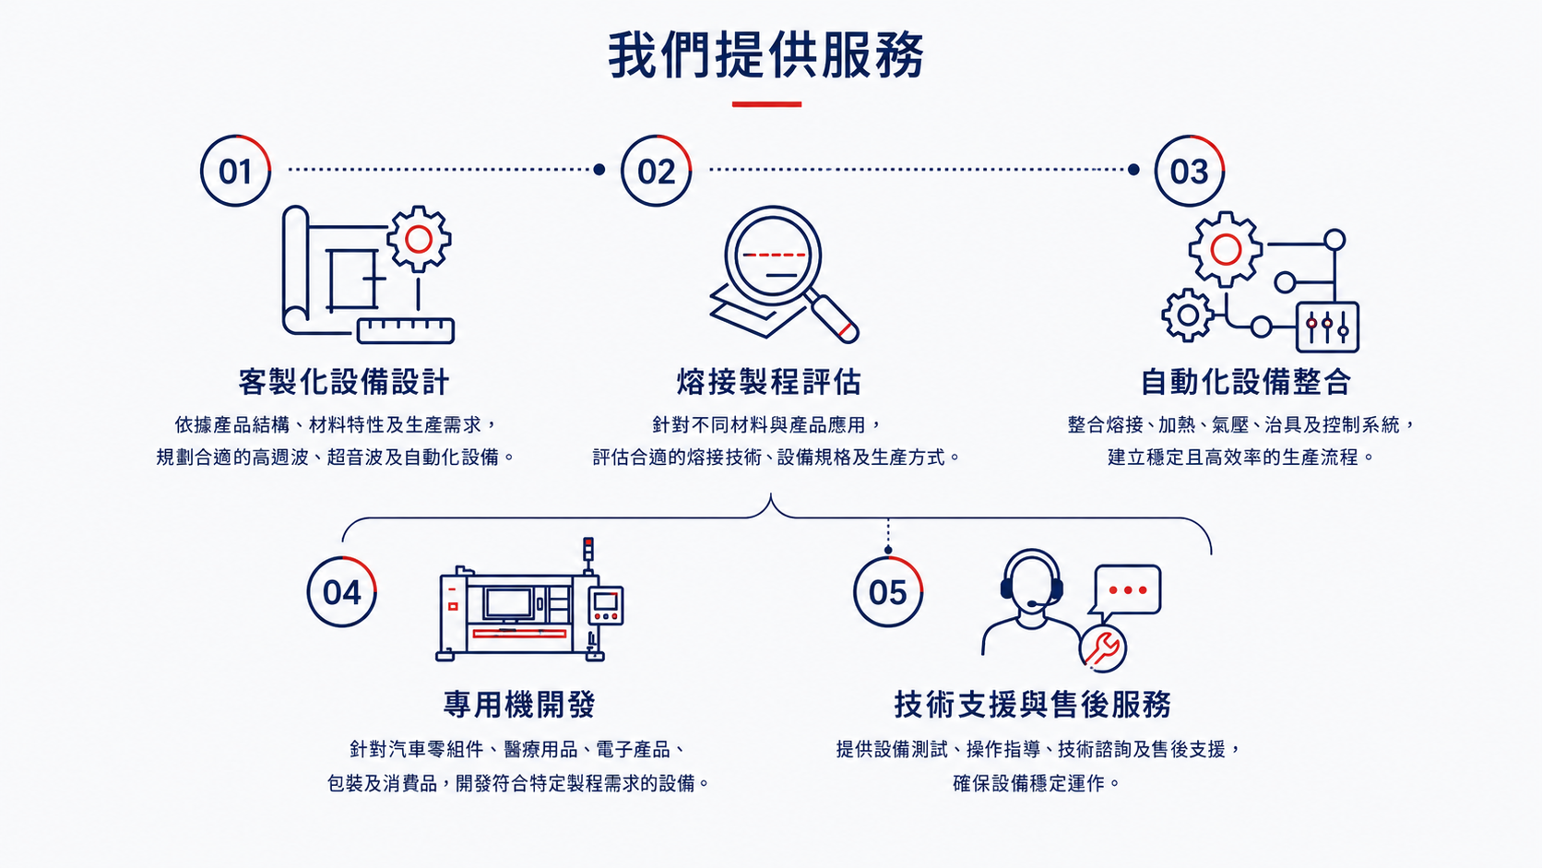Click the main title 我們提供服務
766,55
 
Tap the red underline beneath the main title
767,104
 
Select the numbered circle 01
235,170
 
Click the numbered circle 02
656,170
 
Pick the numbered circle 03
1190,170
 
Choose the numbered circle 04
342,591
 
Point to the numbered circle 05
888,591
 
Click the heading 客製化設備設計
343,381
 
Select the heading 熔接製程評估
769,381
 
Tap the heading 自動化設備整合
1246,381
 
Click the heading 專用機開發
520,704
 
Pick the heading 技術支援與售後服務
1033,704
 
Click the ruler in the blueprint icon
406,330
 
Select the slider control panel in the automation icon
1327,327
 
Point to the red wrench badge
1103,648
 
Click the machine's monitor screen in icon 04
507,603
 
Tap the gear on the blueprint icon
419,239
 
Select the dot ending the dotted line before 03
1133,170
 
